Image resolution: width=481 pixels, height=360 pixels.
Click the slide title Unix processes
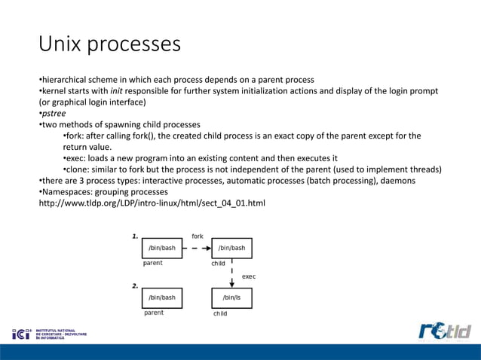pos(110,44)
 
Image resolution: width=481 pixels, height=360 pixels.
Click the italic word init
pos(118,91)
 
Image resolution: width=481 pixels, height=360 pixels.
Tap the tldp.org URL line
pos(152,203)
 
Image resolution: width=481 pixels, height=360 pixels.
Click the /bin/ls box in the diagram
pos(231,297)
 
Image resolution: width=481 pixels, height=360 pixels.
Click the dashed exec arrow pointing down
pos(231,275)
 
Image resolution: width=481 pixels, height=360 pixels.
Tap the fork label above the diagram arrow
pos(197,236)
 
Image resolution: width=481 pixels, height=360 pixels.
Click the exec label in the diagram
pos(248,276)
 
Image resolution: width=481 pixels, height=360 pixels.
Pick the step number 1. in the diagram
pos(135,236)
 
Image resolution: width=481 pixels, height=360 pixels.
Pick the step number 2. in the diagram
pos(135,286)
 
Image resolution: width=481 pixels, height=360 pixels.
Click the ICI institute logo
pos(50,333)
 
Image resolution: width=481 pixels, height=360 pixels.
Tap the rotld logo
pos(444,331)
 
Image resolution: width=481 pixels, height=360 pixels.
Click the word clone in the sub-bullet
pos(78,169)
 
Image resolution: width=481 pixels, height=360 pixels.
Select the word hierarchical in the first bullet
pos(66,80)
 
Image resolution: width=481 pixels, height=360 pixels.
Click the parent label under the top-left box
pos(153,264)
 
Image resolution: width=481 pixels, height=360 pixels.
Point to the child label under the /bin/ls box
pos(220,313)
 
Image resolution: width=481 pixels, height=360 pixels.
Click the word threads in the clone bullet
pos(423,169)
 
